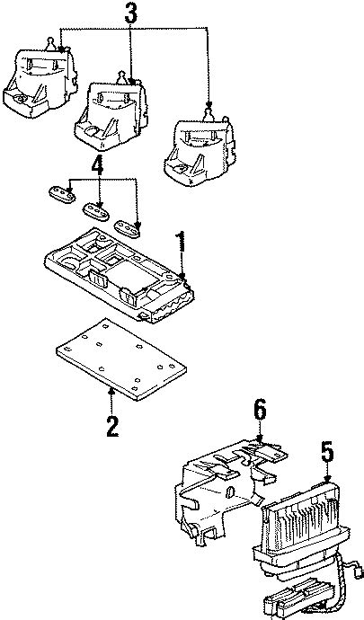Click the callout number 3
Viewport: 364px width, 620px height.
[132, 15]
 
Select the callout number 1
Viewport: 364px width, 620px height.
[181, 243]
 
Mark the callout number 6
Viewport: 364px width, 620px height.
[259, 410]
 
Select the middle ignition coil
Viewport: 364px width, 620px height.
[113, 112]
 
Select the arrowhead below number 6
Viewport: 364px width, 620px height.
[259, 439]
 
